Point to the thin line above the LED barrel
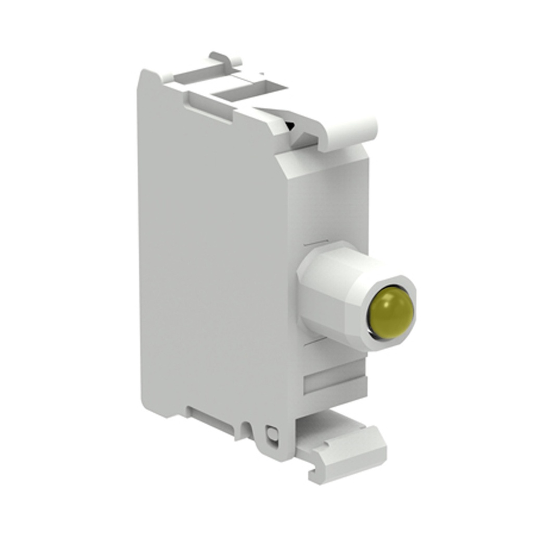pos(316,243)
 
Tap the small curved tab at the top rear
pos(225,58)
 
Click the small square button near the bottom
pos(271,433)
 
